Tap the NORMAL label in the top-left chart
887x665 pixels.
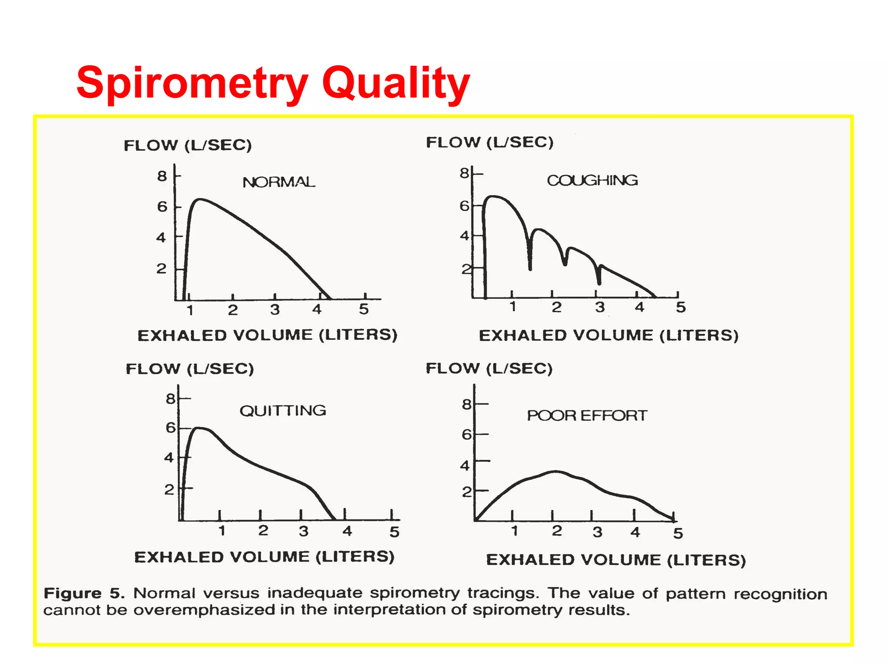click(278, 182)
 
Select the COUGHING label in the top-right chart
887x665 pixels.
click(592, 180)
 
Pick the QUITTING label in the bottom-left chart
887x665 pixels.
click(283, 410)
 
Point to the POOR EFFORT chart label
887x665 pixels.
click(587, 416)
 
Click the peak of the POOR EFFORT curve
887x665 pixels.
click(555, 471)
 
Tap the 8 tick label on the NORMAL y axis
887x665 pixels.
click(162, 176)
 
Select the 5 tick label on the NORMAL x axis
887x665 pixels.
click(364, 309)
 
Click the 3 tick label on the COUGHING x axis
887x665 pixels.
click(599, 307)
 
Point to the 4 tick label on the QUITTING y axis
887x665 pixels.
click(169, 458)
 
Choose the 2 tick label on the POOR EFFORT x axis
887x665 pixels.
click(557, 531)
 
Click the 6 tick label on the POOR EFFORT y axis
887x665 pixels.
click(466, 434)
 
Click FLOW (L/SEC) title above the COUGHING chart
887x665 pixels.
click(489, 142)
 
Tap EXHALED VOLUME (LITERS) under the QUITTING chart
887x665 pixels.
click(264, 557)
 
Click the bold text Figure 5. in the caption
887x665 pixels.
click(84, 593)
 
